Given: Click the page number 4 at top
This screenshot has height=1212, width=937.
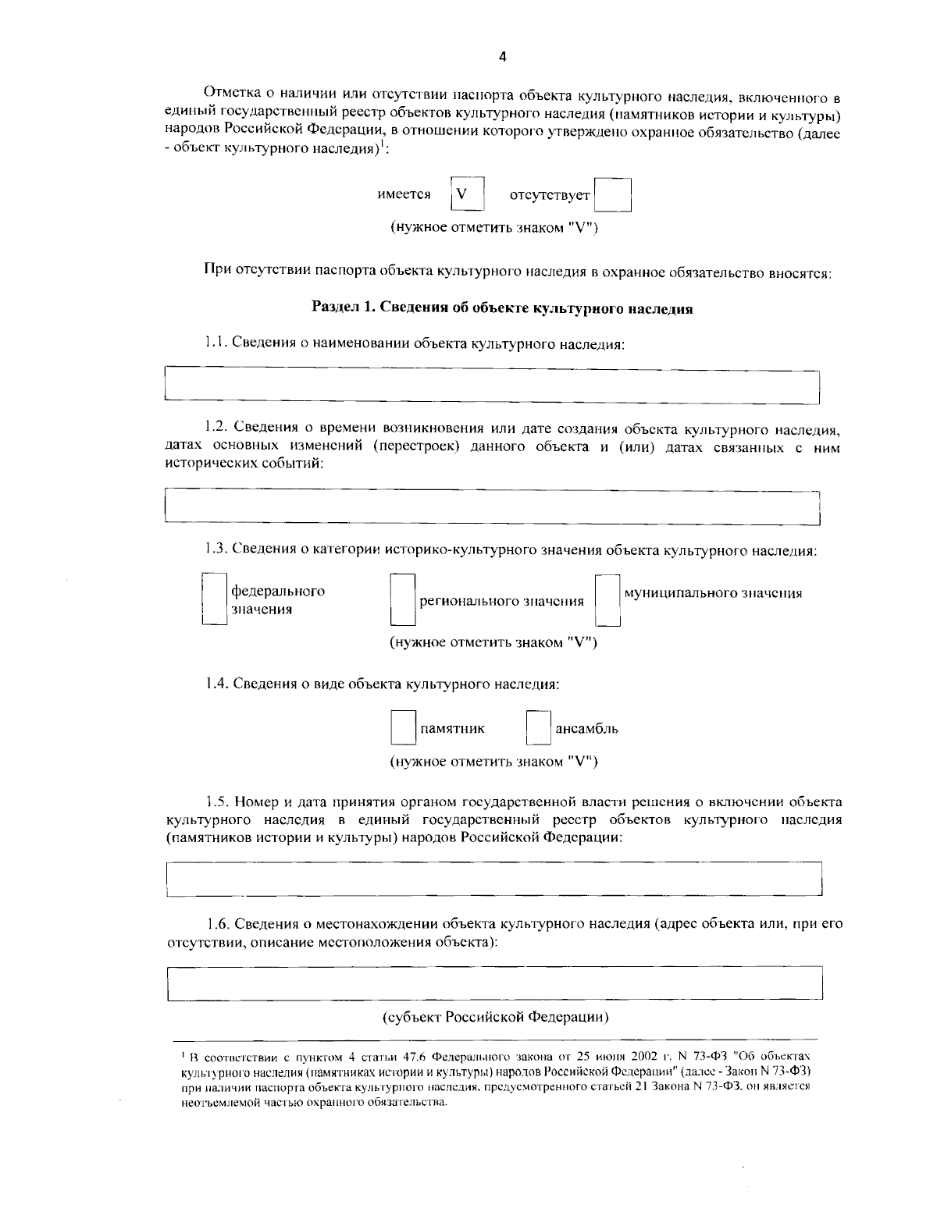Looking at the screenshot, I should (x=502, y=56).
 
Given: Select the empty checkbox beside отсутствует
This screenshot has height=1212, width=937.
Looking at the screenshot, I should (x=612, y=195).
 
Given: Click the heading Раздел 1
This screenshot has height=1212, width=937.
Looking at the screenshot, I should (x=502, y=308).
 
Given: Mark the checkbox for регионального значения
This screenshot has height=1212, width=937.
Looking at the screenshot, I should (x=403, y=600).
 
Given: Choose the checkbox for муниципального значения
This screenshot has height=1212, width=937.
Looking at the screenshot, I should (x=607, y=600).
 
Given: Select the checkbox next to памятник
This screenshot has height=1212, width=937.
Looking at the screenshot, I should (x=403, y=728).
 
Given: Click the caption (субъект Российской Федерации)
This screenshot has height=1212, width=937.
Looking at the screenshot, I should (x=495, y=1018).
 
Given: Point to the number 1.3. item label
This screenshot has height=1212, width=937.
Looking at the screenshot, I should (x=217, y=550).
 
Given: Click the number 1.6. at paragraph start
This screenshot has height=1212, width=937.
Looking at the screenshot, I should (x=219, y=923).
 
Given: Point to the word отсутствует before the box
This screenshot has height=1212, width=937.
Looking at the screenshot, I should (x=549, y=195).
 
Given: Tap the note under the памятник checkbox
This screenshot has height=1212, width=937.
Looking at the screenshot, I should (x=493, y=762).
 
